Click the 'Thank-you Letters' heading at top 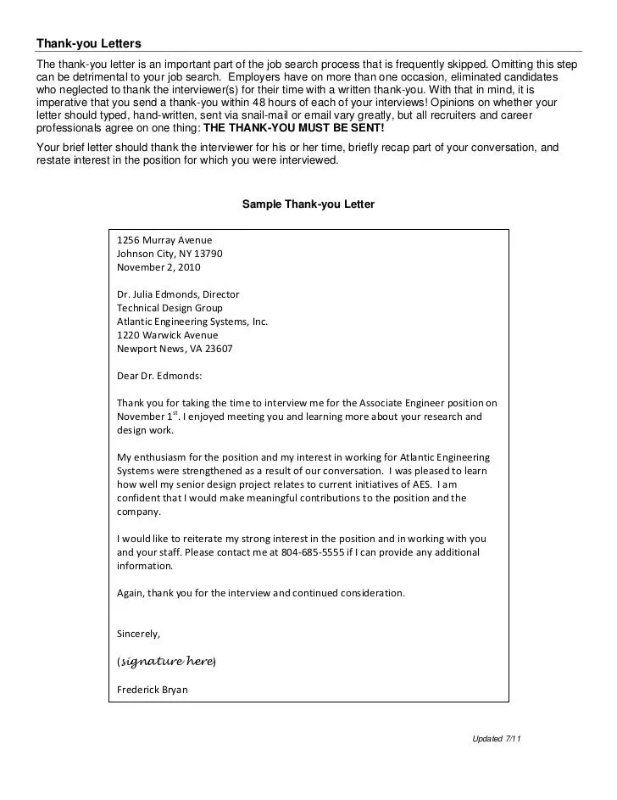pos(88,43)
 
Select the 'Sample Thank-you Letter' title pos(308,204)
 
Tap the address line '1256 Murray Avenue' pos(164,240)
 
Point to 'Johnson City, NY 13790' pos(170,253)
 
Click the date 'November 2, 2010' pos(158,266)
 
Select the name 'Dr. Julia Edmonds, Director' pos(178,294)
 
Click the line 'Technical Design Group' pos(170,308)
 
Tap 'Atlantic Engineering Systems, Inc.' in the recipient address pos(192,322)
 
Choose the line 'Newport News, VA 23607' pos(175,349)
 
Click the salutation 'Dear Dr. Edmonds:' pos(159,376)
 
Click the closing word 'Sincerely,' pos(138,634)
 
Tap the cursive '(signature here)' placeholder pos(166,661)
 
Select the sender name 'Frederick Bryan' pos(153,690)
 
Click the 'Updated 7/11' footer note pos(496,739)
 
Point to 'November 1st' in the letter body pos(147,417)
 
